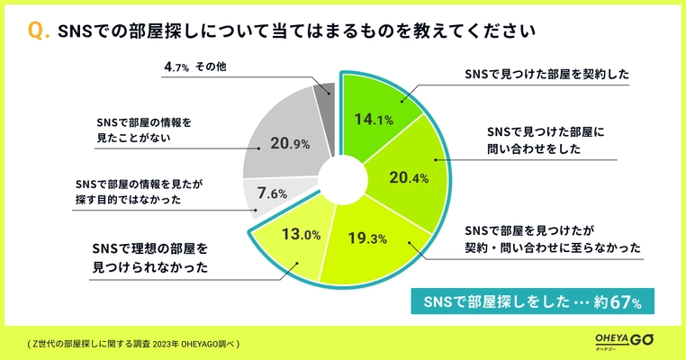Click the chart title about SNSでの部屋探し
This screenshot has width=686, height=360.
point(296,31)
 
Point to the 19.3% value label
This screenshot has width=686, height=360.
point(366,239)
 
